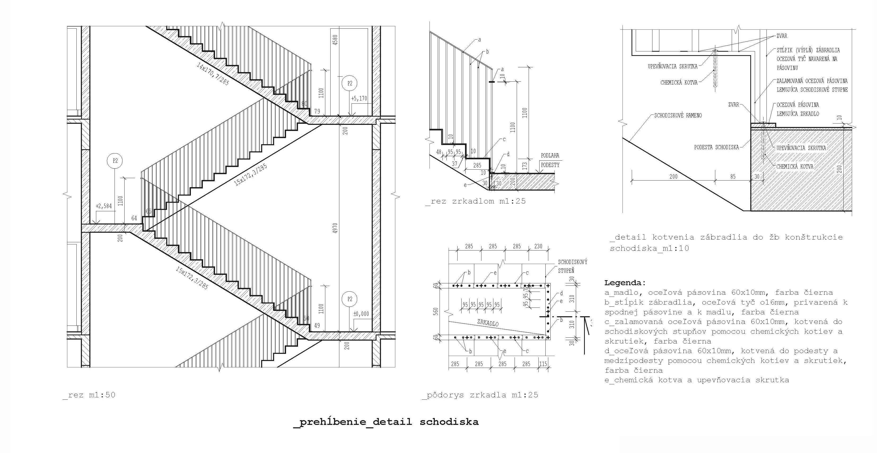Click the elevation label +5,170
[359, 98]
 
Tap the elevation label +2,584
[103, 206]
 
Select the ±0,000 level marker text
[361, 314]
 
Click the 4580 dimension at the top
[335, 40]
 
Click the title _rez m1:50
[89, 395]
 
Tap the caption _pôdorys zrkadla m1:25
[480, 395]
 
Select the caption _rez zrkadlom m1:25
[476, 201]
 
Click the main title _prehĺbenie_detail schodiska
[386, 422]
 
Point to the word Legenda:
[625, 283]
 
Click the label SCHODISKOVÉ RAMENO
[678, 115]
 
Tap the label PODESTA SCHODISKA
[717, 147]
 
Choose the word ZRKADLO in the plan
[488, 322]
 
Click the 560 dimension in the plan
[436, 312]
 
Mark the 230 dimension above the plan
[538, 246]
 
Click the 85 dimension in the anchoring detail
[733, 176]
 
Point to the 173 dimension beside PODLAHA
[525, 166]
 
